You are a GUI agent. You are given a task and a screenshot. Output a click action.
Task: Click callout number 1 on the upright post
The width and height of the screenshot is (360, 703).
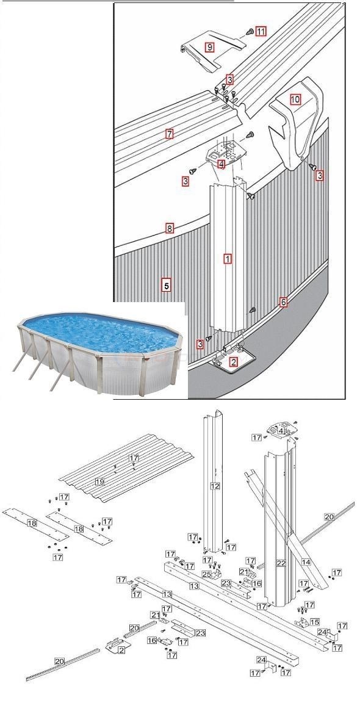tap(227, 259)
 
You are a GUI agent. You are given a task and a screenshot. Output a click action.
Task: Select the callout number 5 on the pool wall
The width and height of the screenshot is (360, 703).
tap(166, 284)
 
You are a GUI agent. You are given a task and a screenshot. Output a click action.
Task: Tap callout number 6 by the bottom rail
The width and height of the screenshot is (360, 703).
tap(283, 302)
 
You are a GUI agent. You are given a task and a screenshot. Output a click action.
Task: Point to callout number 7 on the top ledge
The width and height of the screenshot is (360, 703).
tap(170, 134)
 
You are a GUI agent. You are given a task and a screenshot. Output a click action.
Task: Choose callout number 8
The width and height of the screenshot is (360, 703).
tap(170, 229)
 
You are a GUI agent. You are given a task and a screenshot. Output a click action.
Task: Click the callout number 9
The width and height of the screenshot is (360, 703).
tap(209, 47)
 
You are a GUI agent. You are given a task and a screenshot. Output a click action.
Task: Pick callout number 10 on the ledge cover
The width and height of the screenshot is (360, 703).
tap(295, 99)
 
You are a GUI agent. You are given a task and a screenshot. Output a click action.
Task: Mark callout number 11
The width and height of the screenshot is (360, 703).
tap(261, 31)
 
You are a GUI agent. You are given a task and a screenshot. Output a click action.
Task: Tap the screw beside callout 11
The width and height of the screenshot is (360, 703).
tap(249, 31)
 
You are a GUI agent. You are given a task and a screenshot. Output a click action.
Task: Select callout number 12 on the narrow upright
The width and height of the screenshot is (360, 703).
tap(214, 486)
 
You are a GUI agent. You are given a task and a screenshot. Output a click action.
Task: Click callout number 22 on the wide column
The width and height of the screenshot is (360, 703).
tap(280, 563)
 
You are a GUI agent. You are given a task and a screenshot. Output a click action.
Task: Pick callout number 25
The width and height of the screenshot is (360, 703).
tap(207, 575)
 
